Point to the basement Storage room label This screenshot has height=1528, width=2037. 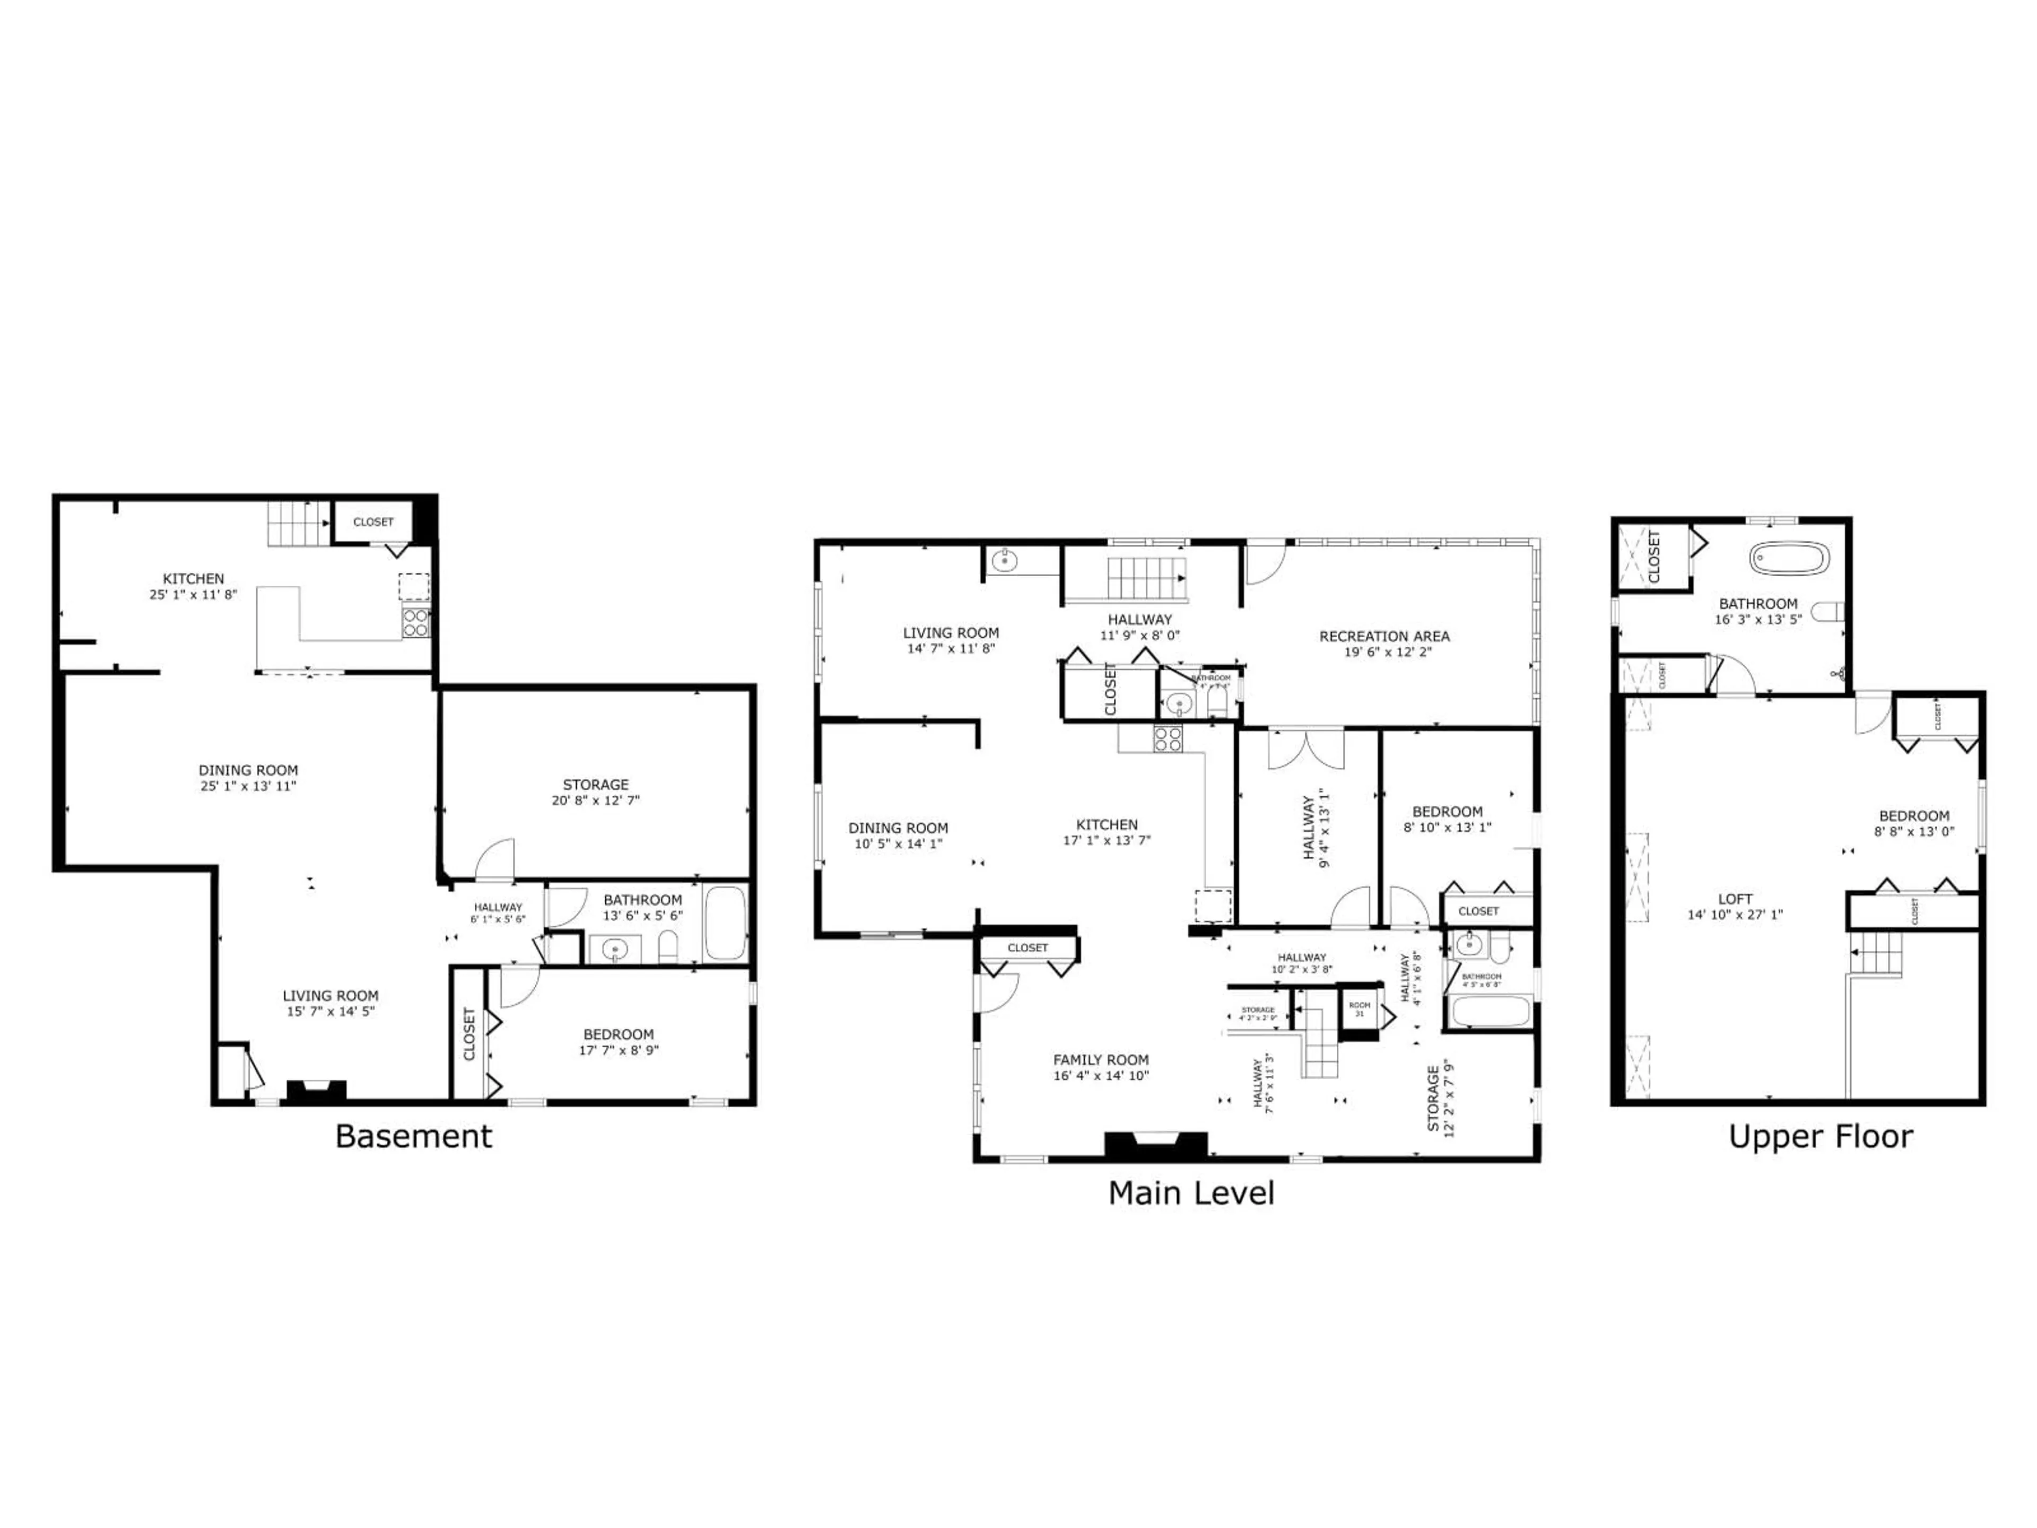(x=596, y=785)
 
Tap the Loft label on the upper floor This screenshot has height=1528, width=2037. (x=1735, y=899)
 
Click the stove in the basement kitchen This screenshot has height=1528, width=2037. (x=415, y=623)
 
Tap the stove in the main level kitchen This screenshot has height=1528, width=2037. (x=1168, y=740)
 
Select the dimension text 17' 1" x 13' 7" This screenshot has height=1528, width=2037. (x=1107, y=840)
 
